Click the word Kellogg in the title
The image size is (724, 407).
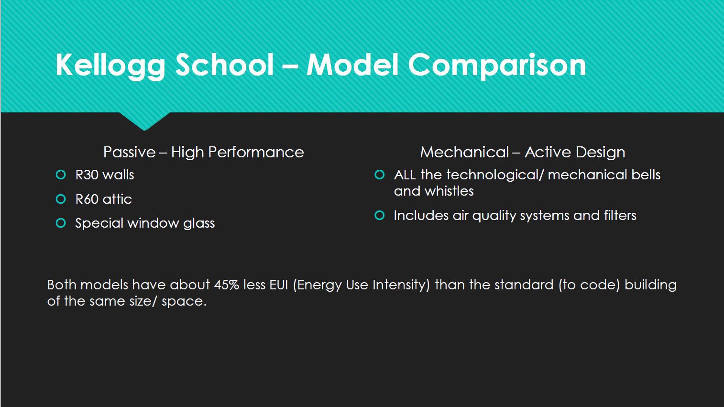click(110, 66)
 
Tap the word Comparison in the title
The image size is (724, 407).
click(497, 66)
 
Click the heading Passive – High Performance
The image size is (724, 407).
click(204, 152)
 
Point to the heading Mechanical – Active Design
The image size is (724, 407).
click(523, 152)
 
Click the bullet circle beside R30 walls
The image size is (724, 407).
click(61, 175)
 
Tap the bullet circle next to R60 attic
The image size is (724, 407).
click(61, 199)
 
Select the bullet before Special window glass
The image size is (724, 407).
click(61, 223)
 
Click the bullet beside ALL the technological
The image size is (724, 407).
click(379, 175)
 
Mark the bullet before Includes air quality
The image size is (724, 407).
click(379, 215)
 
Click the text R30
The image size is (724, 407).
click(87, 175)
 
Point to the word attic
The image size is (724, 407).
click(117, 199)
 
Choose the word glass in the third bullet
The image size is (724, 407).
click(199, 223)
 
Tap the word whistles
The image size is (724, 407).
click(449, 191)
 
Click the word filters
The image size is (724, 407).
click(620, 215)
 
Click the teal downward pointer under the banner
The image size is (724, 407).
click(144, 121)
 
